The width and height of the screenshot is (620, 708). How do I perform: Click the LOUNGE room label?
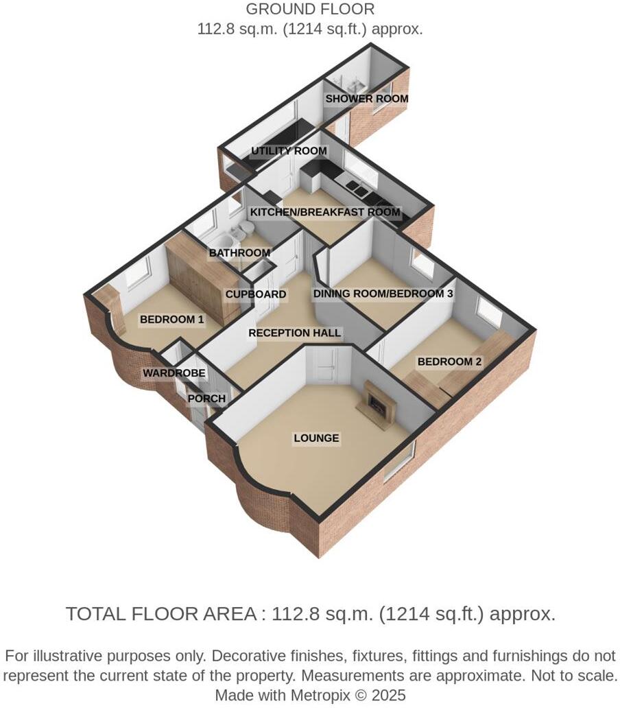coord(316,438)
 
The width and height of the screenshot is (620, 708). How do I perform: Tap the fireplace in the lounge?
coord(377,404)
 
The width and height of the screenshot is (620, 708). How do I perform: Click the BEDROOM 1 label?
coord(171,320)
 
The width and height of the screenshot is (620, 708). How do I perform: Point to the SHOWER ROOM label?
coord(366,99)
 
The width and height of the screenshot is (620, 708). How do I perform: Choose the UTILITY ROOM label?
coord(289,151)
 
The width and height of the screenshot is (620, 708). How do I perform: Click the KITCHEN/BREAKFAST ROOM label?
coord(324,212)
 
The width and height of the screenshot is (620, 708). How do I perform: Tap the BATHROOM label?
coord(239,253)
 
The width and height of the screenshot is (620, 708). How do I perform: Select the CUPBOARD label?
coord(256,294)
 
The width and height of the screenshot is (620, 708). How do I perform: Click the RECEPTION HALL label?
coord(294,333)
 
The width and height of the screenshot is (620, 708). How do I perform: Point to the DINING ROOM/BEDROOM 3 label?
coord(383,294)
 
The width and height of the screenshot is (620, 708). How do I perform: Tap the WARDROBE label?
coord(174,373)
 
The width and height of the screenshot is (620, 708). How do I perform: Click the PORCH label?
coord(206,399)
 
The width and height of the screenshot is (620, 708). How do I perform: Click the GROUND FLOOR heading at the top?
coord(310,10)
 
